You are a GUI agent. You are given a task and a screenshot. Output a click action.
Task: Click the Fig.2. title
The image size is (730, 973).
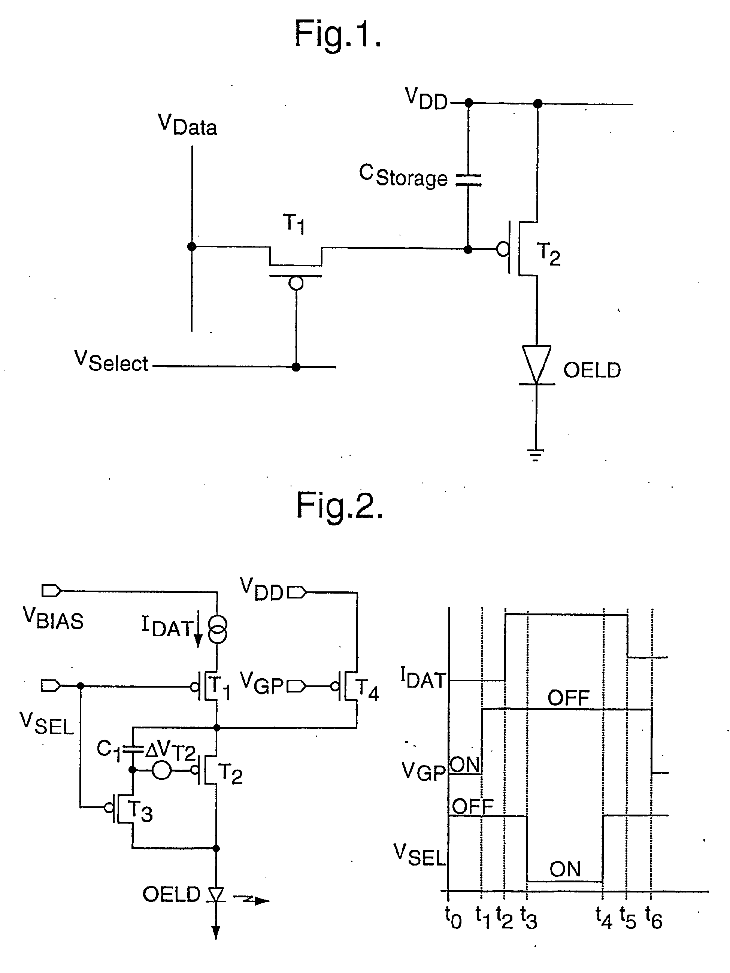339,506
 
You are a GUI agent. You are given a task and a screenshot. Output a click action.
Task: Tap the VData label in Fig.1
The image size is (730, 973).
187,125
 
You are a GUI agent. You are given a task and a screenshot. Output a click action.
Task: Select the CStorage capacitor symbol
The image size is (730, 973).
468,179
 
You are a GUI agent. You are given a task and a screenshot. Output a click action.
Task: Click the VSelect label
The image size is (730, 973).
111,361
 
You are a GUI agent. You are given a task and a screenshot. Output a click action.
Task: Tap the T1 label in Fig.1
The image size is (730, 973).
294,224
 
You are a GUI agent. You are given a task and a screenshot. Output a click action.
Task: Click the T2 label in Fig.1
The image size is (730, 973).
548,254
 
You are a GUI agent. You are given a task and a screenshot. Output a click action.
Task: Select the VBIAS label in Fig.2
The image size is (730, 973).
53,618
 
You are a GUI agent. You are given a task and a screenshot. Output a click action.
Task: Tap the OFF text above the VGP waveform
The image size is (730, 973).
569,698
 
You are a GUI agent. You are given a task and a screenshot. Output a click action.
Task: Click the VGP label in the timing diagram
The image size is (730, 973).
424,771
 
